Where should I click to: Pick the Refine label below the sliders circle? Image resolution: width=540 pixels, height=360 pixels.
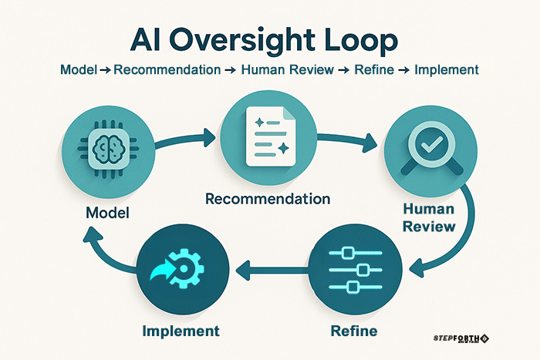(352, 331)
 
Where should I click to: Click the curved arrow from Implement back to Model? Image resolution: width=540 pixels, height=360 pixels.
(100, 251)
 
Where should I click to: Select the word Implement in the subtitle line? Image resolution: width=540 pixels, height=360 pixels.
(447, 69)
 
